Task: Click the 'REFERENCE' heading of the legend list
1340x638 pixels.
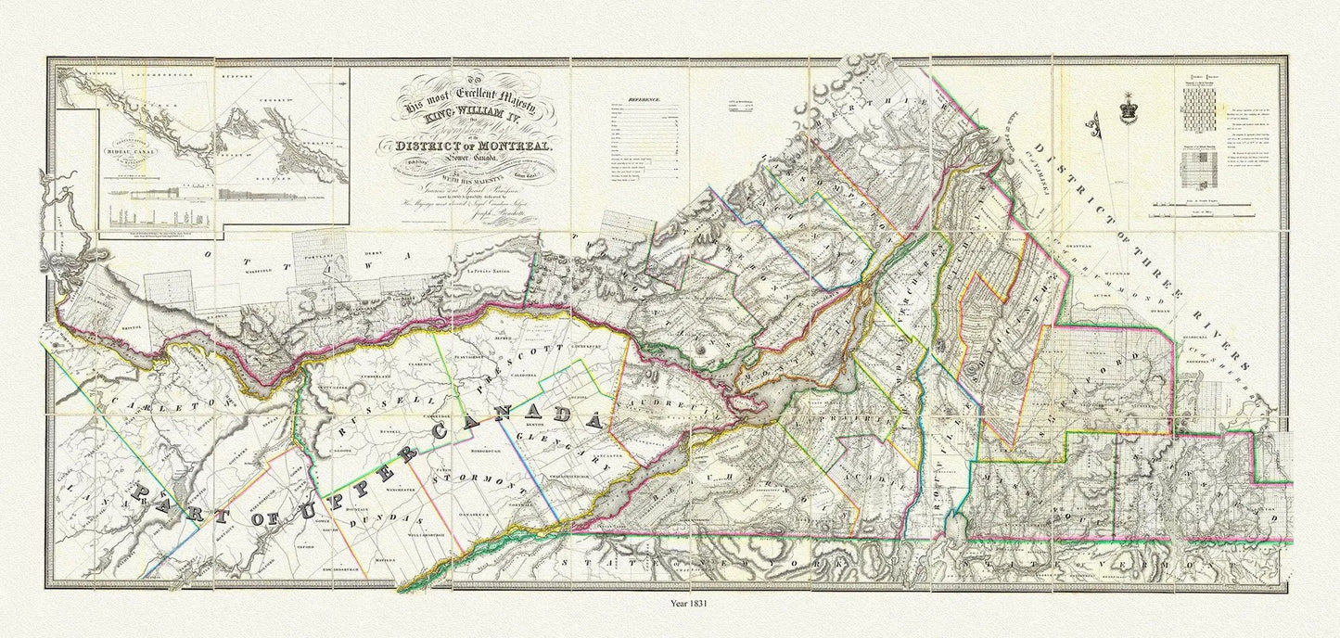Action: pyautogui.click(x=644, y=98)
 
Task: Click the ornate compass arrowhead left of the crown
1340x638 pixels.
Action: pyautogui.click(x=1098, y=120)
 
